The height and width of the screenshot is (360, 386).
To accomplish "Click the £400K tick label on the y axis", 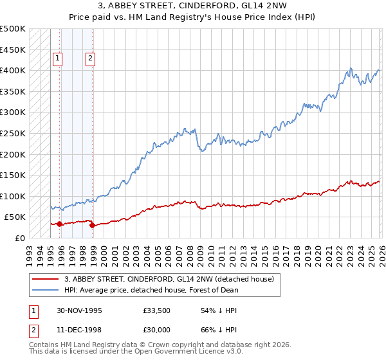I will point(13,70).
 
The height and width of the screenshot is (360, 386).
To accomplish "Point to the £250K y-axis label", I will point(13,133).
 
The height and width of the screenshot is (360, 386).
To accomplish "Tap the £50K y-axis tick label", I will point(15,217).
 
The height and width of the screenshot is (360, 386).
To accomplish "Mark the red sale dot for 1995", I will point(60,224).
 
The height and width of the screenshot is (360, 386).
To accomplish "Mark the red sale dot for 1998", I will point(92,225).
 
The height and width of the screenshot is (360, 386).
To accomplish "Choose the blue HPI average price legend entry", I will point(151,290).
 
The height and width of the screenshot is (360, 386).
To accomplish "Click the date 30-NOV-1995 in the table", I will point(80,310).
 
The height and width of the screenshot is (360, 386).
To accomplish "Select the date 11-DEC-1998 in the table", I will point(80,331).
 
